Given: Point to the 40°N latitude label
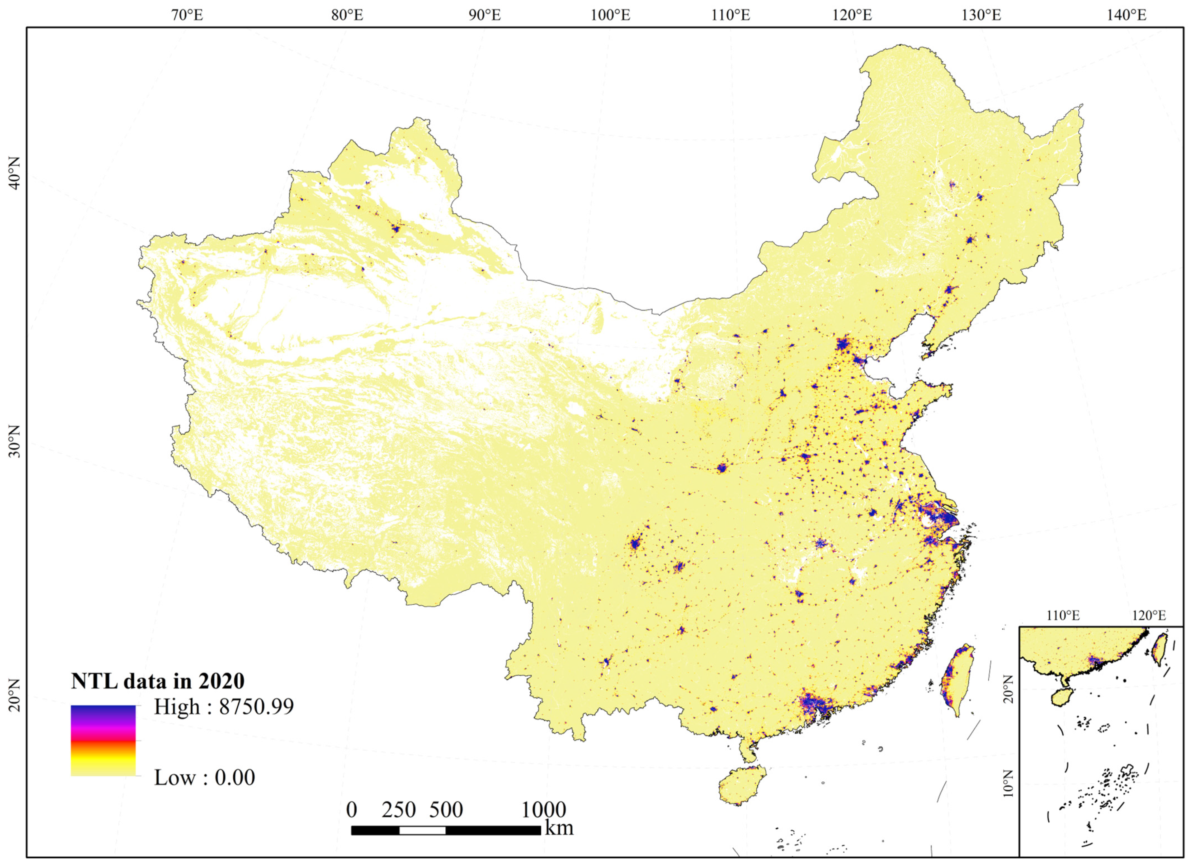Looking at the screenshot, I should (x=14, y=174).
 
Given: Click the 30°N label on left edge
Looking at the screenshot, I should (x=14, y=441).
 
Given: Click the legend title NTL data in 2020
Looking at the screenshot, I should (x=158, y=681).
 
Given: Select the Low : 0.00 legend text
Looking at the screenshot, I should (x=204, y=777).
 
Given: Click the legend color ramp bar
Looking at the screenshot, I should (x=103, y=740).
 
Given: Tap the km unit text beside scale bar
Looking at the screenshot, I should (x=559, y=828).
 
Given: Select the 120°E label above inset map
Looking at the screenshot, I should (x=1148, y=615).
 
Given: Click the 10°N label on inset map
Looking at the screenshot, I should (x=1008, y=783).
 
